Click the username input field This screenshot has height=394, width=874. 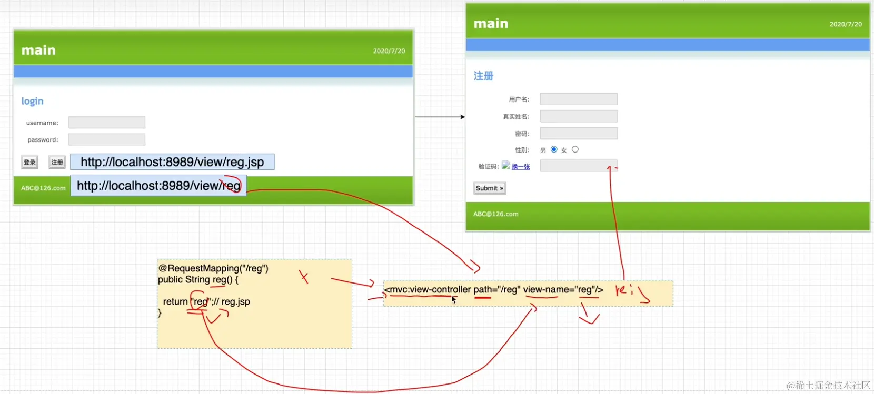point(107,123)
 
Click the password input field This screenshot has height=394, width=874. point(107,139)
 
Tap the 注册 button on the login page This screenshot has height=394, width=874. point(57,162)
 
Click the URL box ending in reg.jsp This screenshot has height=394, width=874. point(172,162)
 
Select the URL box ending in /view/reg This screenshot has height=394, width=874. point(158,186)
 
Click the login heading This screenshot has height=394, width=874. point(32,101)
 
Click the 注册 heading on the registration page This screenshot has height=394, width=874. point(483,76)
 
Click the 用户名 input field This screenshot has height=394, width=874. point(579,99)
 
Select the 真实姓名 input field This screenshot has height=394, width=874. point(579,116)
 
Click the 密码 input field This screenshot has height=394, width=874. point(579,134)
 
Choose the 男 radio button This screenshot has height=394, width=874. point(554,149)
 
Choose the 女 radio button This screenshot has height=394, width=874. point(575,149)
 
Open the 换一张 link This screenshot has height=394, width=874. point(521,167)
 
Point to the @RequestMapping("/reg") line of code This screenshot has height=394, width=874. point(213,268)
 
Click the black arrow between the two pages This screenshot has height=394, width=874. point(440,117)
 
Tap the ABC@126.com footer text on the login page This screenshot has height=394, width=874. point(43,188)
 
